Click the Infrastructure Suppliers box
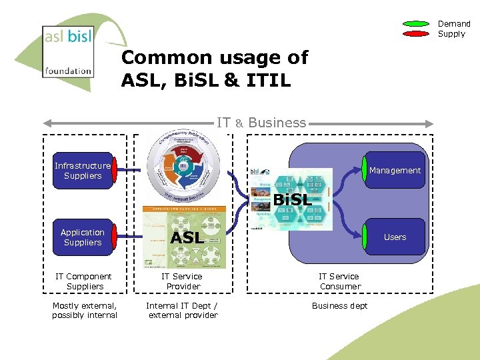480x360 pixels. [83, 171]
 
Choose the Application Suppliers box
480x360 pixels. [83, 237]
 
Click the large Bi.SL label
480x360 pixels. [292, 200]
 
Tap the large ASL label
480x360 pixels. [187, 238]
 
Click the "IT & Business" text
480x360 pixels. [261, 123]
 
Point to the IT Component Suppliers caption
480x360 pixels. [84, 281]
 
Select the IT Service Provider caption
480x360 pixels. [183, 281]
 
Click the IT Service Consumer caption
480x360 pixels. [339, 281]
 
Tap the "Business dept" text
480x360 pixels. [339, 306]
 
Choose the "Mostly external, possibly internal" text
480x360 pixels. [85, 311]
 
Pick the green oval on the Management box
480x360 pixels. [365, 171]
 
